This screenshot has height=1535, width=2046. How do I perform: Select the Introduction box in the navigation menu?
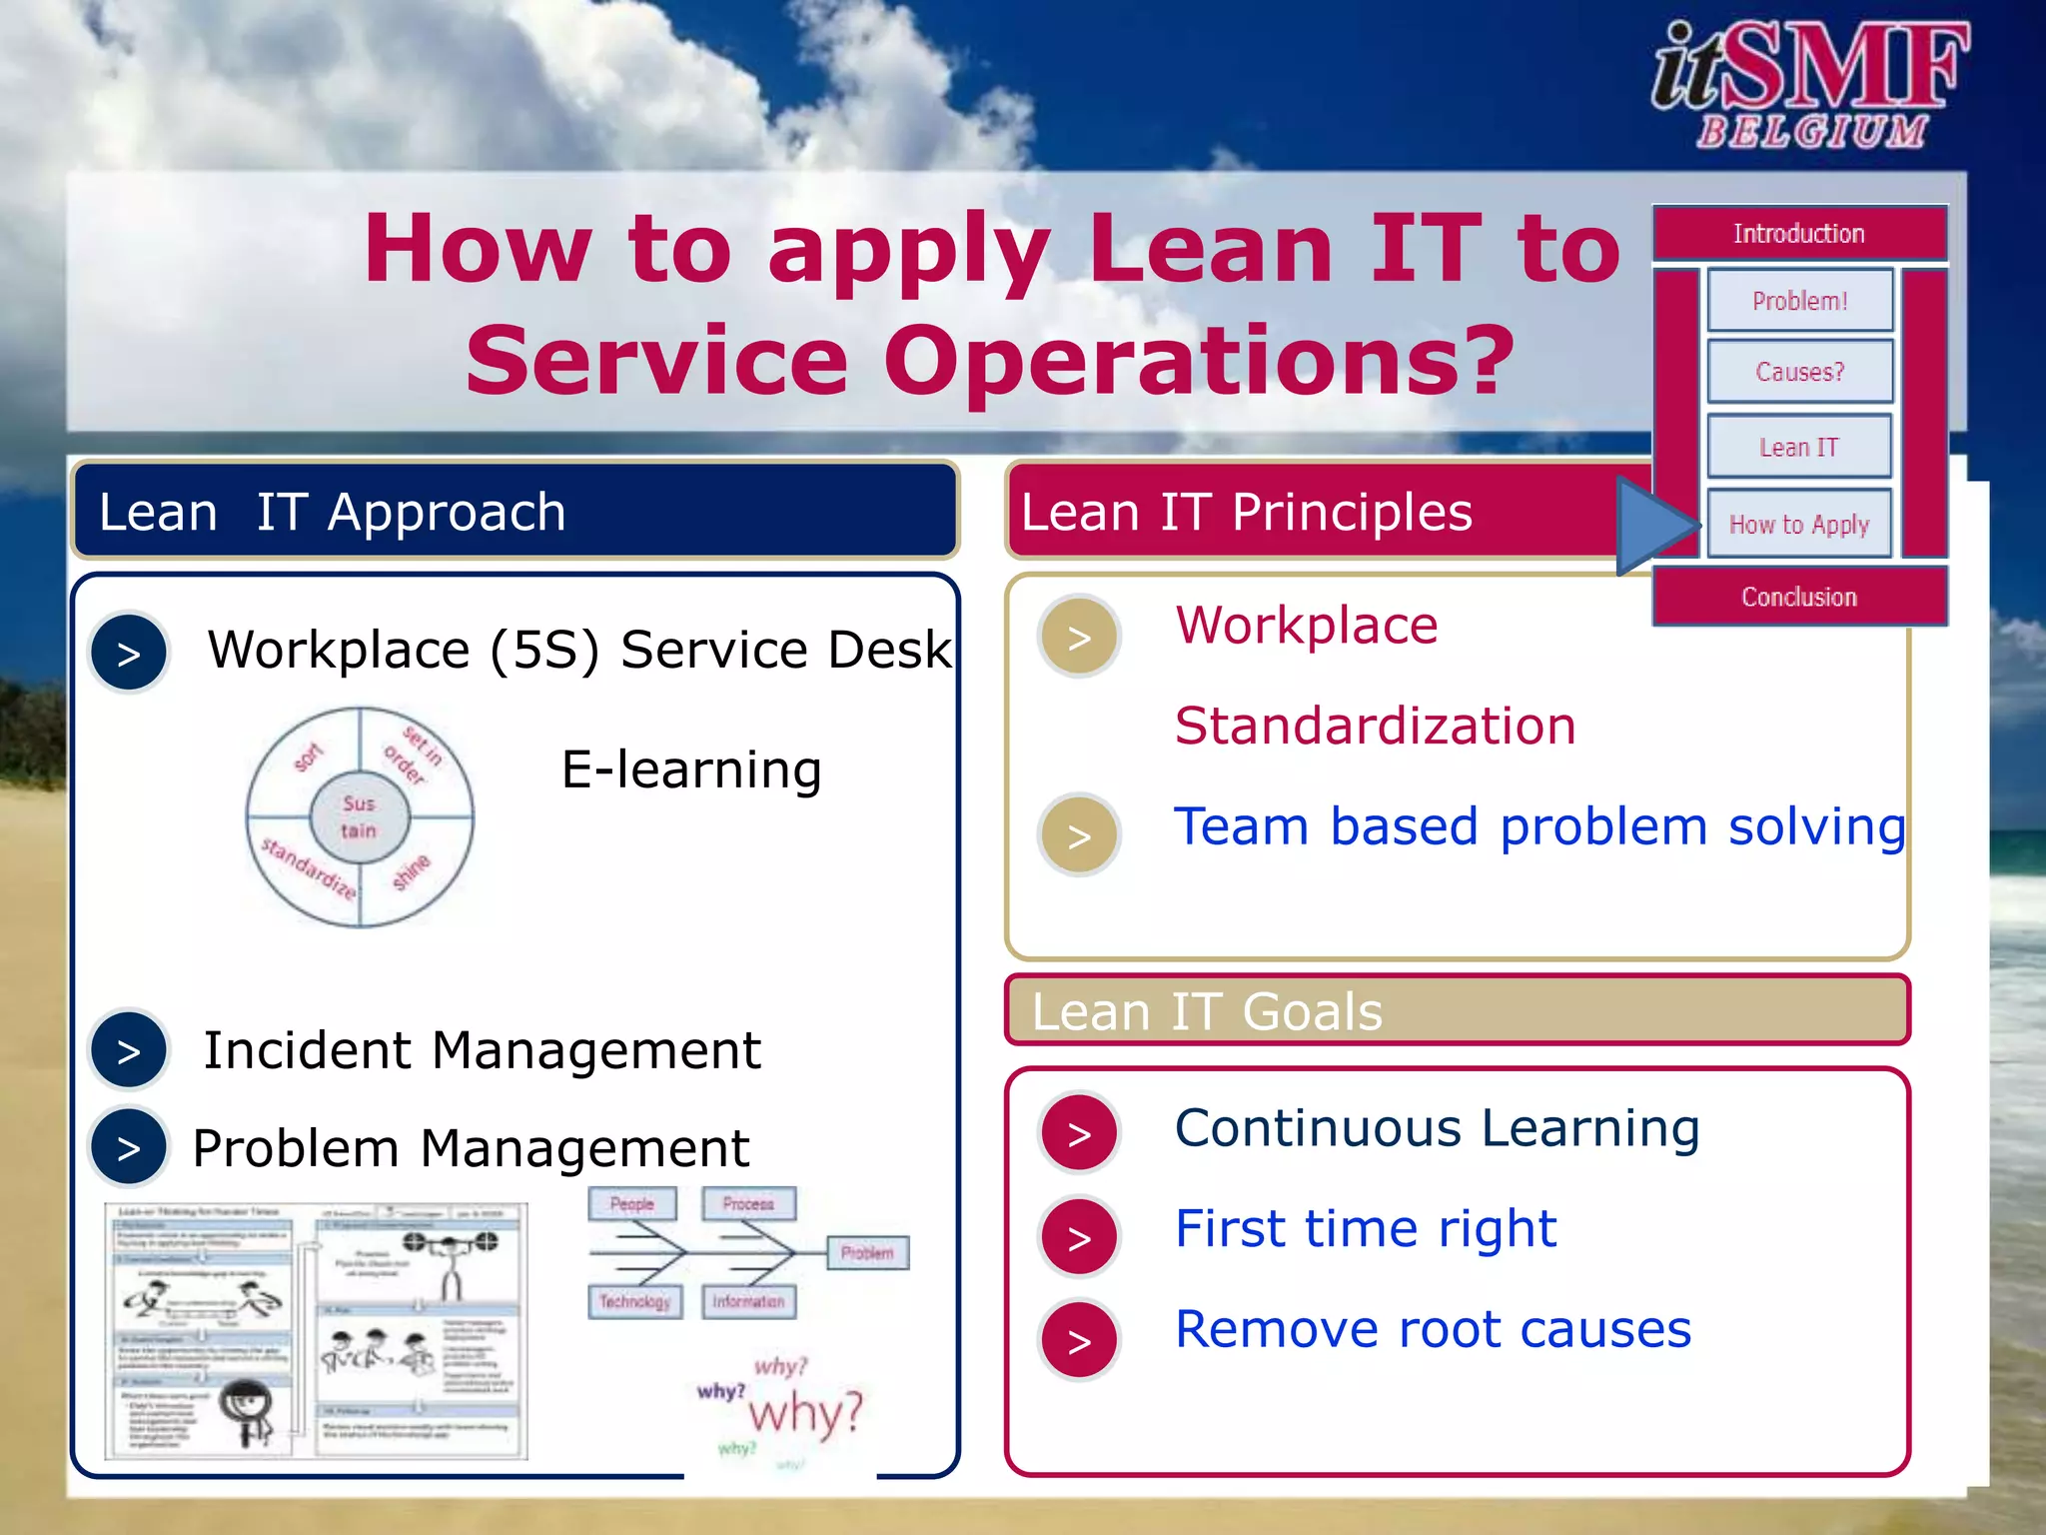coord(1799,234)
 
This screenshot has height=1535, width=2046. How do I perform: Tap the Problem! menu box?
coord(1799,301)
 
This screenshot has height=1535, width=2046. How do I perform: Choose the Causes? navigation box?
coord(1799,372)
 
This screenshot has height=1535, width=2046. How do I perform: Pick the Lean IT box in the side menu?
coord(1799,447)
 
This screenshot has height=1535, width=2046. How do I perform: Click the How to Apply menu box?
coord(1799,524)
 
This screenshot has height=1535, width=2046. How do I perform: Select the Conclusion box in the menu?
coord(1799,597)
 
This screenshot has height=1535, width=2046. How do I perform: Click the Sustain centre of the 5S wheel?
coord(360,816)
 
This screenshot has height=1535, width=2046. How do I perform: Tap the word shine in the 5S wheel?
coord(411,871)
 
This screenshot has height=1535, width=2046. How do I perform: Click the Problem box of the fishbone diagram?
coord(867,1253)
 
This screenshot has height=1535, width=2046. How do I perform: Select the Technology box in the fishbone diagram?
coord(634,1301)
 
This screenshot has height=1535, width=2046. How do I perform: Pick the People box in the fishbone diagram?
coord(631,1204)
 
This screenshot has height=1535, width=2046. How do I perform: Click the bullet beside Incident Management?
coord(129,1050)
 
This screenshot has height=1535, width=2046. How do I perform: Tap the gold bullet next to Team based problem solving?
coord(1079,835)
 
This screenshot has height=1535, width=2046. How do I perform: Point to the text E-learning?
coord(691,769)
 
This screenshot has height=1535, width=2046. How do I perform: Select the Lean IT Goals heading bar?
coord(1457,1010)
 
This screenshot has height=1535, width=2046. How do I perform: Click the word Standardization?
coord(1375,726)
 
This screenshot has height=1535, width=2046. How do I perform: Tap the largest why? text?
coord(805,1414)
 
